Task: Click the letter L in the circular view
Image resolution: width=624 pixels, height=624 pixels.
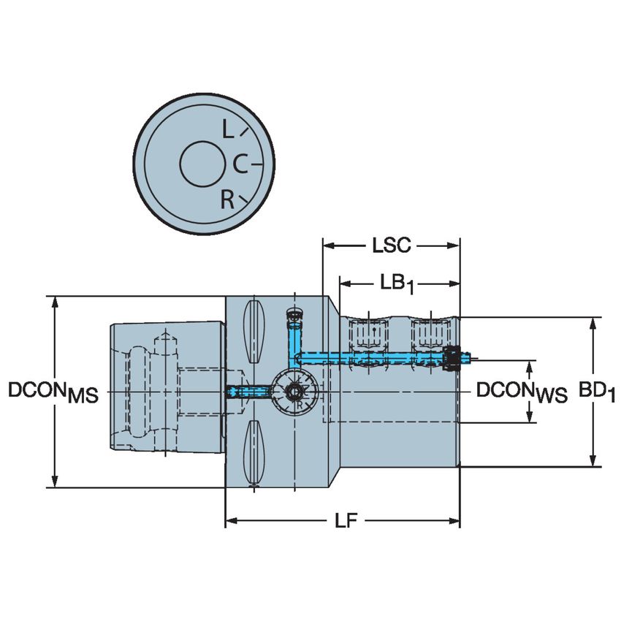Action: coord(228,132)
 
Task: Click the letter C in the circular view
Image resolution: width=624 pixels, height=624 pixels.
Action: coord(240,166)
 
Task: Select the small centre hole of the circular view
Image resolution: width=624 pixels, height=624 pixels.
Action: coord(203,164)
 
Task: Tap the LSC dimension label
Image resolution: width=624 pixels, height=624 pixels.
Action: coord(391,246)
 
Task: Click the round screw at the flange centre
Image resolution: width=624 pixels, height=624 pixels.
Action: coord(294,392)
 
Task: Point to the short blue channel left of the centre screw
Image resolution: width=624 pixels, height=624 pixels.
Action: coord(246,392)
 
